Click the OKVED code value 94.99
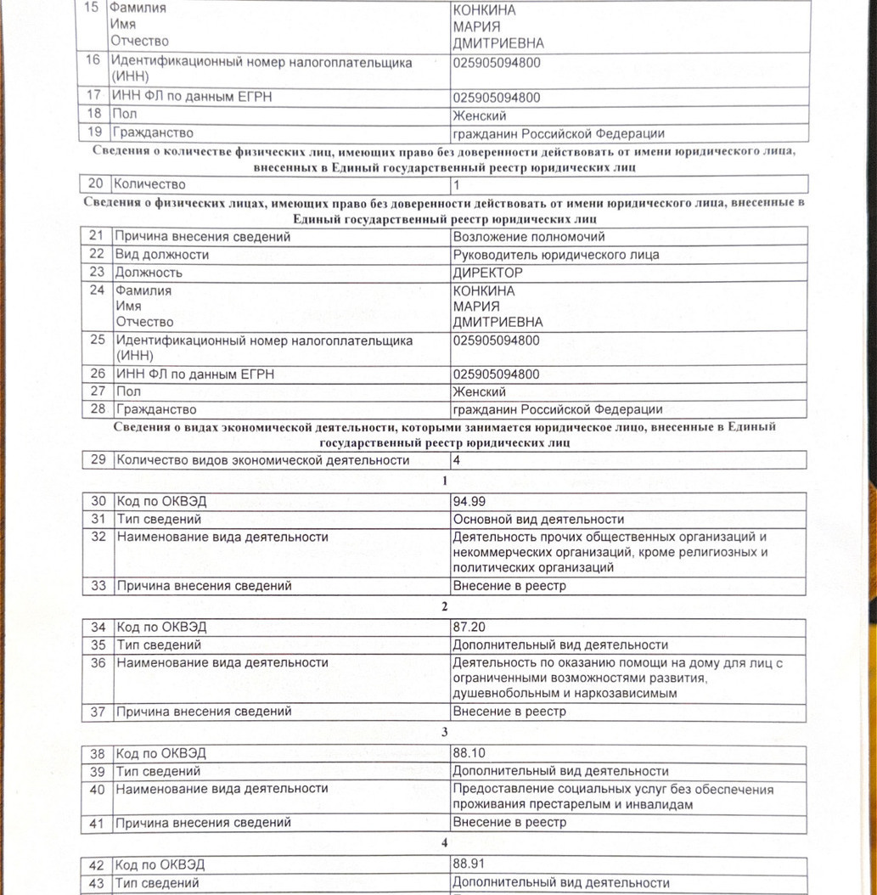(x=469, y=501)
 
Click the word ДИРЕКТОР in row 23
(x=488, y=273)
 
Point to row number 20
(x=95, y=184)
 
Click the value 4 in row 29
(x=456, y=460)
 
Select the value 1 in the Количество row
(x=456, y=184)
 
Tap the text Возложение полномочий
(x=529, y=237)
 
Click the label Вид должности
(x=162, y=255)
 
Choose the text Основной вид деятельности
(x=538, y=519)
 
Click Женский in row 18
(x=480, y=115)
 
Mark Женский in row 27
(x=480, y=391)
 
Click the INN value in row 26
(x=497, y=374)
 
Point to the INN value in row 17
(x=497, y=98)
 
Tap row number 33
(x=99, y=586)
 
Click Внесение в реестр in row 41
(x=509, y=822)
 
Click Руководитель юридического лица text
(x=556, y=255)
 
